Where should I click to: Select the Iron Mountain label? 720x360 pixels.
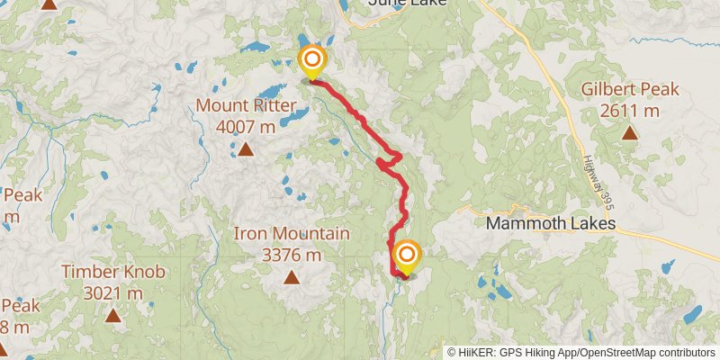(292, 234)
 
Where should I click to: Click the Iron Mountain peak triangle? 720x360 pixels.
(292, 277)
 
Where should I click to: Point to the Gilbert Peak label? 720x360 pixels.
(629, 90)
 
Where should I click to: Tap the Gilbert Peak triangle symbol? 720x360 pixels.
(629, 133)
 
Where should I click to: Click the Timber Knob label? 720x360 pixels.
(113, 271)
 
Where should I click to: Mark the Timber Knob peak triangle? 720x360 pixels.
(113, 315)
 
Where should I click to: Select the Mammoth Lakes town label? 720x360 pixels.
(551, 223)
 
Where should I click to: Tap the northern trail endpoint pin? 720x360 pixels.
(311, 61)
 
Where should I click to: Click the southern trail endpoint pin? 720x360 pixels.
(407, 257)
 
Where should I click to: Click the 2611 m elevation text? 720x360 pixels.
(629, 110)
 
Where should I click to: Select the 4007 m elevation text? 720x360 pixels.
(246, 127)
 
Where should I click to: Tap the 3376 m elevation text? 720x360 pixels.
(292, 254)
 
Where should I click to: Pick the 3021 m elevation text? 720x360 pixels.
(113, 292)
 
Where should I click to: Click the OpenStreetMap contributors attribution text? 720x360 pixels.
(646, 352)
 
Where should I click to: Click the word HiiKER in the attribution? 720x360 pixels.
(477, 352)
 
